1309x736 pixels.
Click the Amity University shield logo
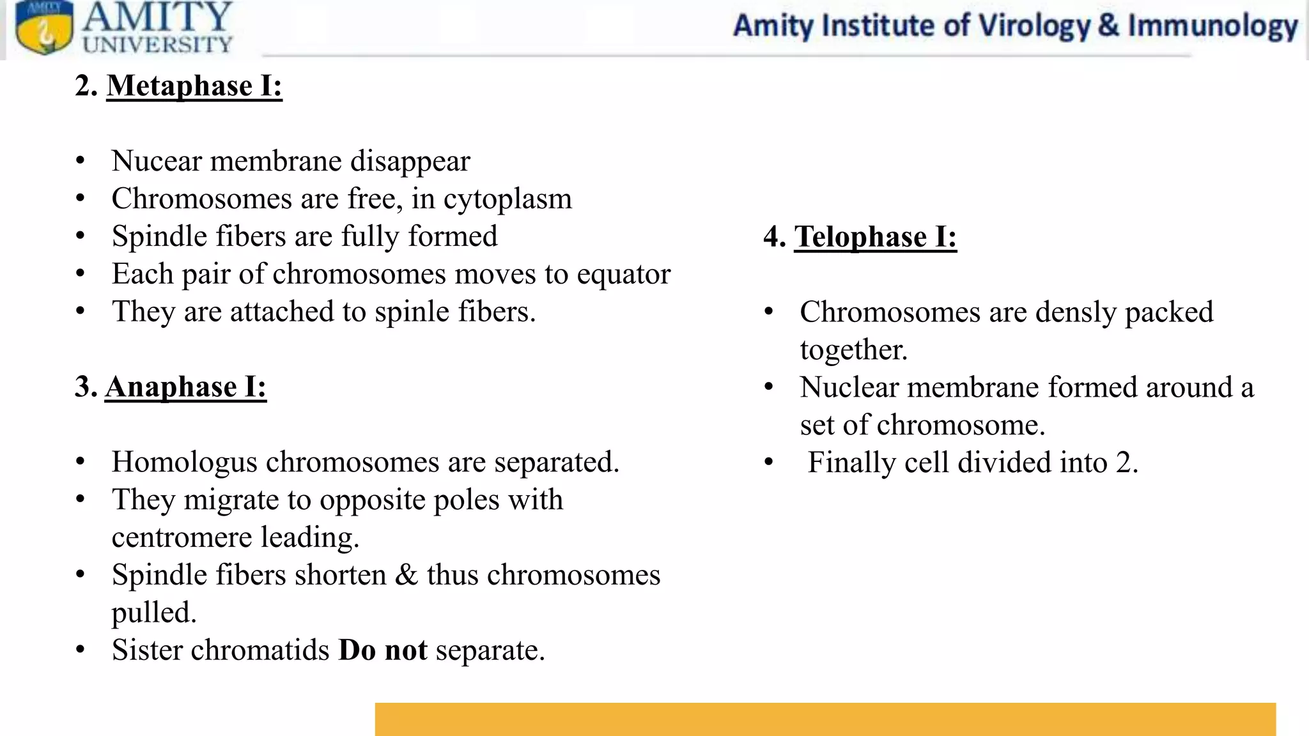(43, 28)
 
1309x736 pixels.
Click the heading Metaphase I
(194, 86)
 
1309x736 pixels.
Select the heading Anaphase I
(185, 387)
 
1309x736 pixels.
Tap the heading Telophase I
(875, 237)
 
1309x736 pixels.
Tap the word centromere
(181, 537)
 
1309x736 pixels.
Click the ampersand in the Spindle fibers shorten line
(406, 575)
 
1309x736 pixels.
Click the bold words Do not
(382, 650)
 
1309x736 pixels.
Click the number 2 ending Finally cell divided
(1123, 463)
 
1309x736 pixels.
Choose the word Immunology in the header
(1212, 26)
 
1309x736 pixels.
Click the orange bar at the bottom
(825, 719)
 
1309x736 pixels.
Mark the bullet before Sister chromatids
(80, 650)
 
